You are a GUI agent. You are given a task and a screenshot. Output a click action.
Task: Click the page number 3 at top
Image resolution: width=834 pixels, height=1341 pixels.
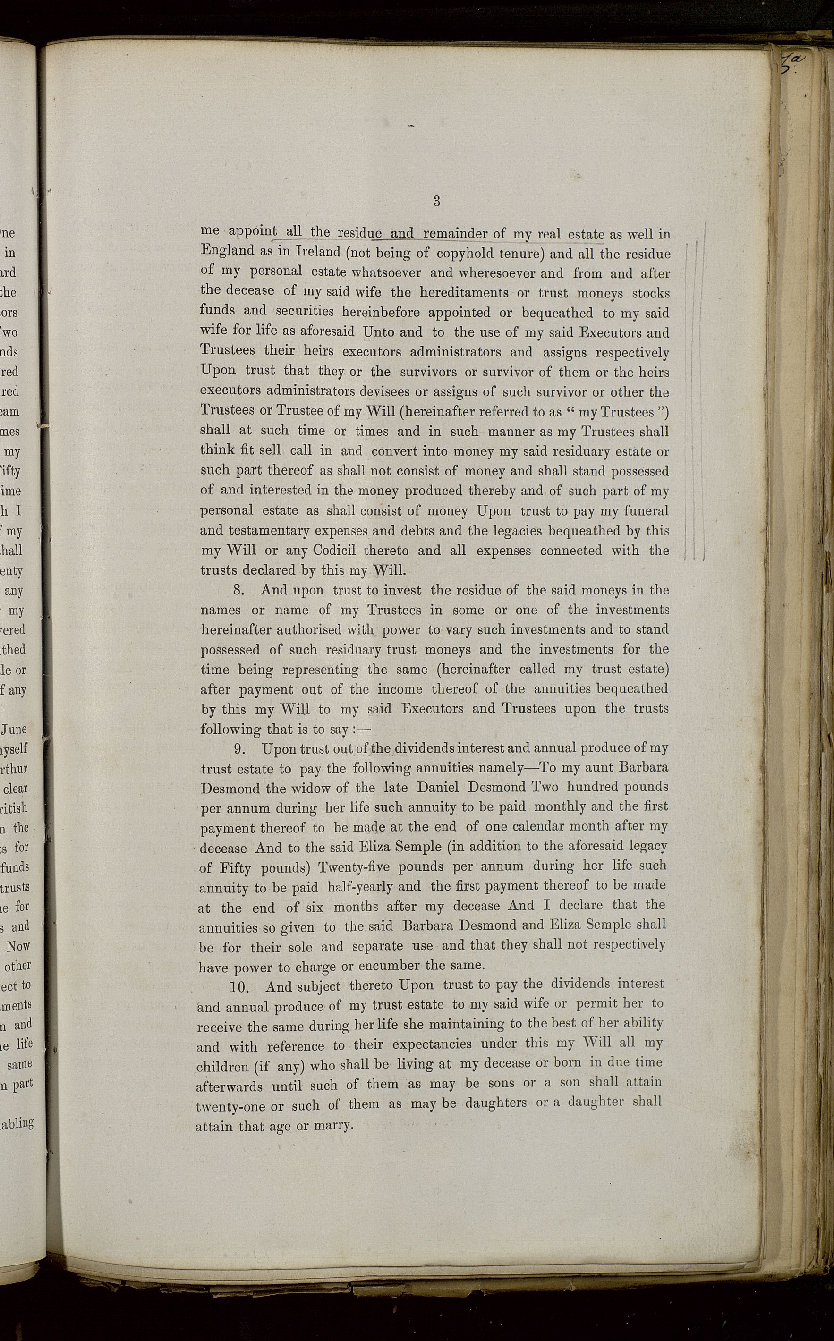pos(436,201)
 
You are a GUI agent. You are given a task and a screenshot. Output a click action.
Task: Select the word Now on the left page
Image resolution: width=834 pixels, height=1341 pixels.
pos(19,946)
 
